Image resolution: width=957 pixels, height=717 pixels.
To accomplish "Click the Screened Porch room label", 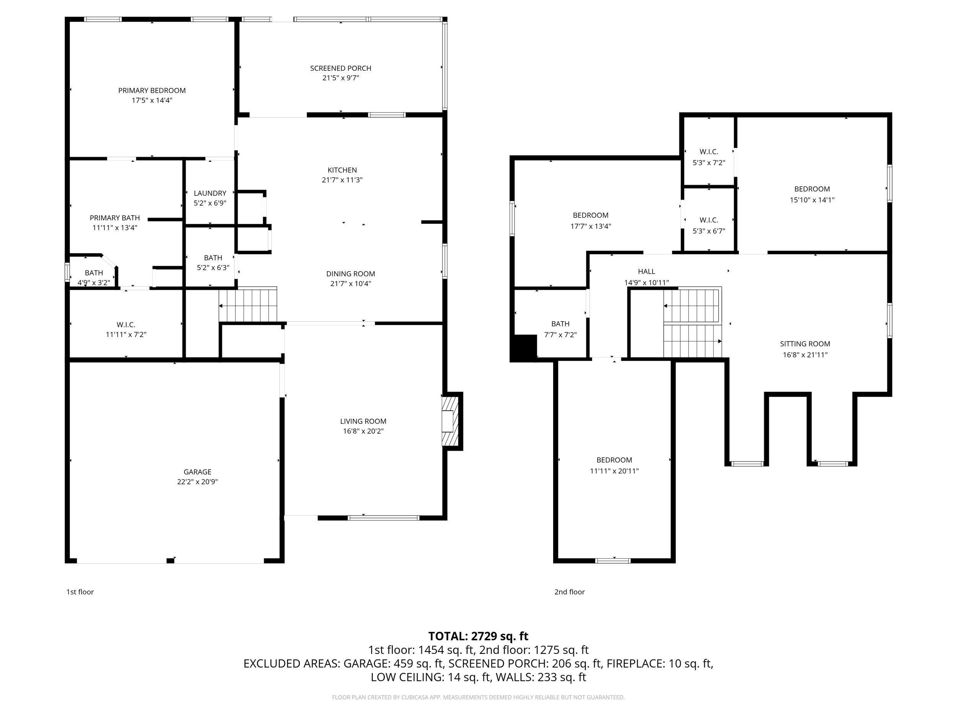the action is tap(340, 68).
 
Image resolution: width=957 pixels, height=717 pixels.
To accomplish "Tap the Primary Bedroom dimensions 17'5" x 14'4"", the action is tap(152, 100).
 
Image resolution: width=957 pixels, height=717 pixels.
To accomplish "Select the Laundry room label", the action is tap(210, 193).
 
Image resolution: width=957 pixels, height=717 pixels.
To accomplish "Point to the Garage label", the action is tap(197, 472).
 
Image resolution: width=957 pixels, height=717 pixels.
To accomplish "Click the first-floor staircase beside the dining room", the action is tap(248, 305).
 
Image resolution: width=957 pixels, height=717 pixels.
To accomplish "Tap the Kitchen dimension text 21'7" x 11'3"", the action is tap(342, 180).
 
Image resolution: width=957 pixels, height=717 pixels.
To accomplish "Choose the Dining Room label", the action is tap(350, 273).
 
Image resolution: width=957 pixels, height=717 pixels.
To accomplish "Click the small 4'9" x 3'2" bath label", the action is tap(94, 273).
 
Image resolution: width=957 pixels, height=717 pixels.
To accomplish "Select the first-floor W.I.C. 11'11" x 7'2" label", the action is tap(126, 325).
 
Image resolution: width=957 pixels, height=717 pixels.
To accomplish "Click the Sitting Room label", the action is tap(805, 344).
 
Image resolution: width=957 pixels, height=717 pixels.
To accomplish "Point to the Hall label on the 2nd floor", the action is tap(647, 272).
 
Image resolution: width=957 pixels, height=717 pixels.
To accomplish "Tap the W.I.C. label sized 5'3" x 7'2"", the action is tap(709, 152).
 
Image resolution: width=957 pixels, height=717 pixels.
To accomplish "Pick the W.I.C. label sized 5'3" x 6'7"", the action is tap(709, 220).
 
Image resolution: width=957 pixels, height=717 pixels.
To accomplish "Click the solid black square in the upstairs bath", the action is tap(524, 348).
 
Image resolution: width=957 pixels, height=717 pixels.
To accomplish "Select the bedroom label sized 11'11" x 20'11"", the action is tap(614, 460).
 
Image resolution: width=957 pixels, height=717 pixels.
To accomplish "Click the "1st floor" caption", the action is tap(80, 592).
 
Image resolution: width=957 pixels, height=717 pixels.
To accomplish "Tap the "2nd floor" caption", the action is tap(569, 592).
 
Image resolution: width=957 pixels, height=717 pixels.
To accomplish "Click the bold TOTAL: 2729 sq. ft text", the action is tap(478, 636).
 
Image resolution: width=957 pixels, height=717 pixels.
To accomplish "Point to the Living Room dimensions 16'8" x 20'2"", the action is tap(363, 431).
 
